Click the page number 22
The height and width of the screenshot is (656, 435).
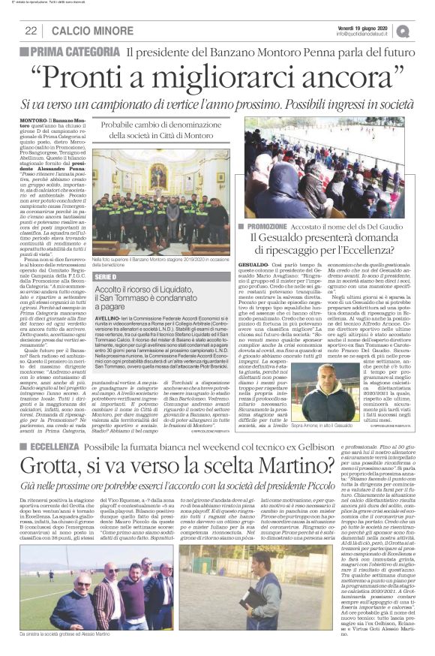[31, 31]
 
